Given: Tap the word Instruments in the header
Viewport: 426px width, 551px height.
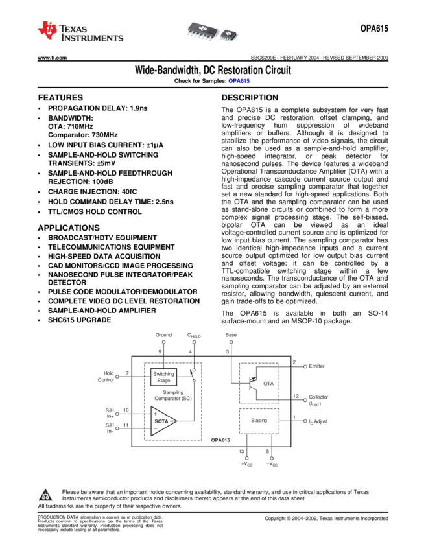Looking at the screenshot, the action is [91, 39].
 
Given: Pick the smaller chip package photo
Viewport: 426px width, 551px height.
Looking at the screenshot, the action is [230, 34].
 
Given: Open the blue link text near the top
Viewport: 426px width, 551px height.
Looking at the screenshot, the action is [239, 81].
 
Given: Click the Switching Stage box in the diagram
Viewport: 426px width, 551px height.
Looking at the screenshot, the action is [163, 376].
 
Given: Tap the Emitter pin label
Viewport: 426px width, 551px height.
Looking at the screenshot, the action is [316, 366].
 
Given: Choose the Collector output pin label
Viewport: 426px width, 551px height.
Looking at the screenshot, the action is [318, 399].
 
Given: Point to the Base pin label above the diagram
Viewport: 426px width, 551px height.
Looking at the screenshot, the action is [231, 335].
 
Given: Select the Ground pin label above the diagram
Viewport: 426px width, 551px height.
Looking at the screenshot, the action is [163, 335].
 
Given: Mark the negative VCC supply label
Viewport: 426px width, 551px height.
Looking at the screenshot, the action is [272, 463].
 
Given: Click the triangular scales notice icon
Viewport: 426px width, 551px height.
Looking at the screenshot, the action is [45, 496].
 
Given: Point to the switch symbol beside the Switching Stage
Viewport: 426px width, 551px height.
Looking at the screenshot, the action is [193, 375].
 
